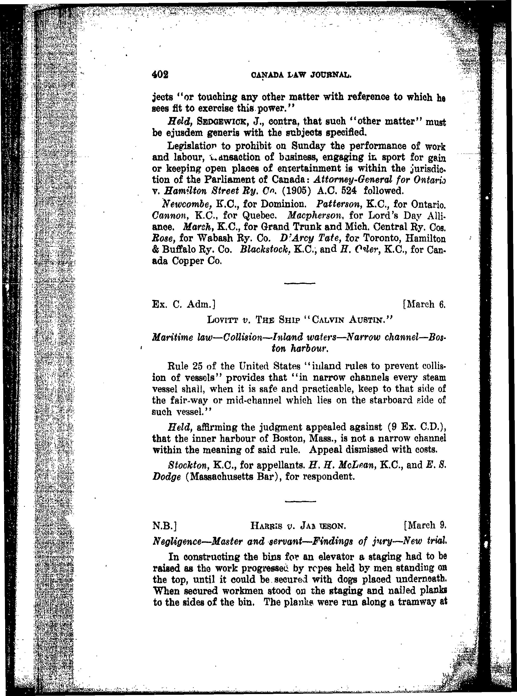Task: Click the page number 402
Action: [160, 75]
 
